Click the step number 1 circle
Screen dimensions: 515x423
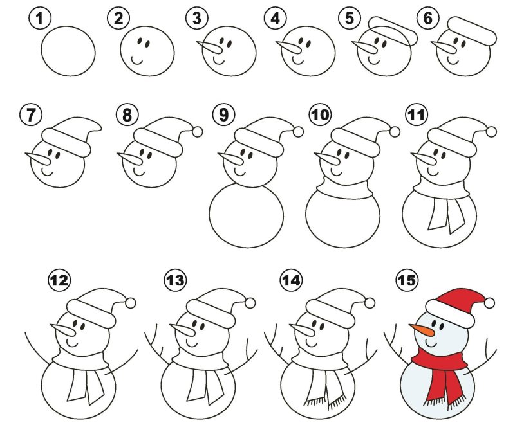tap(40, 18)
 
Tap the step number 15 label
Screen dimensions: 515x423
tap(407, 280)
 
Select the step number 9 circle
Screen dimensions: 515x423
tap(223, 114)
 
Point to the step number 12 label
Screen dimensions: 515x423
tap(59, 280)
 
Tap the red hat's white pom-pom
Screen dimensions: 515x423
tap(489, 303)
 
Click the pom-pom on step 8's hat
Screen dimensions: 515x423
tap(197, 132)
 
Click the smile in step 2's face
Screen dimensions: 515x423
tap(136, 60)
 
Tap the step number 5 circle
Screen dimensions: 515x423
tap(350, 18)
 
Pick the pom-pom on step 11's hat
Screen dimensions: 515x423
tap(491, 132)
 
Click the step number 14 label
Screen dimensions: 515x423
tap(292, 280)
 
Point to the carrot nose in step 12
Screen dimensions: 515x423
tap(62, 330)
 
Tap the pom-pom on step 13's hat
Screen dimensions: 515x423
tap(250, 303)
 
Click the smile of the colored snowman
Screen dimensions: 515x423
tap(431, 343)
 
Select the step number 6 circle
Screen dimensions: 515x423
tap(428, 18)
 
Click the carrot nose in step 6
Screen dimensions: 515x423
tap(444, 47)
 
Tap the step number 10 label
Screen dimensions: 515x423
tap(320, 114)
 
